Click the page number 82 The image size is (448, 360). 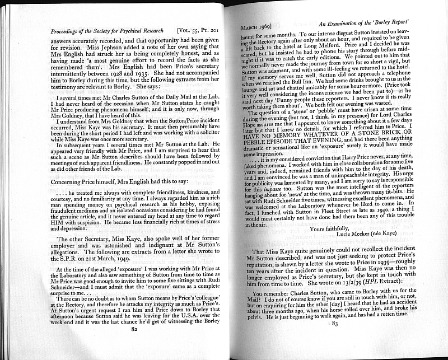point(134,330)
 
